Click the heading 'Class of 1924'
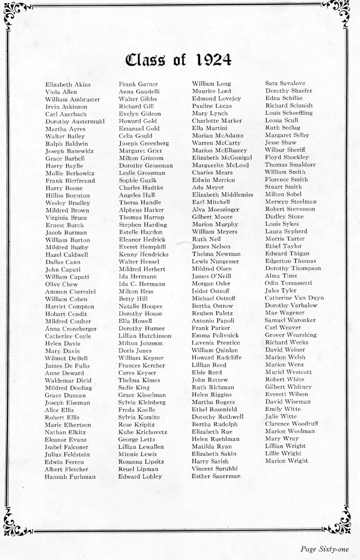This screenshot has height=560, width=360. tap(179, 60)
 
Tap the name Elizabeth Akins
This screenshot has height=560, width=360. tap(68, 84)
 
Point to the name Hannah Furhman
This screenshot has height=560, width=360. tap(70, 477)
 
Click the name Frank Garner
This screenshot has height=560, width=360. tap(138, 84)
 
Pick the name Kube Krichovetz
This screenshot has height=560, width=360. tap(143, 432)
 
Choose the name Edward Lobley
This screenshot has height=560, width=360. tap(140, 477)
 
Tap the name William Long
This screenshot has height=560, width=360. tap(211, 83)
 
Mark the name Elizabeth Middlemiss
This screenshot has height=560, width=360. tap(222, 194)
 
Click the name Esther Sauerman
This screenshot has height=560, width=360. tap(216, 476)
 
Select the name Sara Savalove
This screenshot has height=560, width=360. tap(285, 83)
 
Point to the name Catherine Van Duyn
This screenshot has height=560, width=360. tap(294, 298)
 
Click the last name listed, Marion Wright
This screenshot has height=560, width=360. tap(287, 461)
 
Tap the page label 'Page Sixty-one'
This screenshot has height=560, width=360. tap(324, 549)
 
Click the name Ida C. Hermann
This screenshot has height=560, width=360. tap(142, 284)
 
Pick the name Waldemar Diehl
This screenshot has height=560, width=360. tap(68, 381)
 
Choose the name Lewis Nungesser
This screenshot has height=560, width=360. tap(215, 261)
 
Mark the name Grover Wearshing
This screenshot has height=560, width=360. tap(291, 334)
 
